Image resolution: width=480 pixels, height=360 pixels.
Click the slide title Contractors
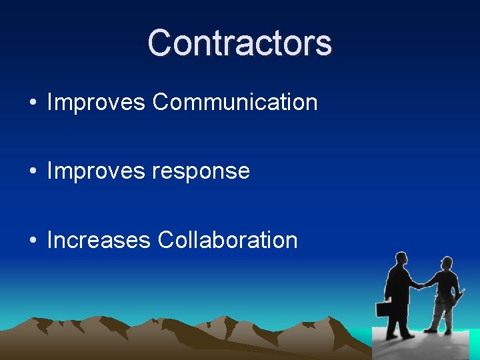tap(240, 43)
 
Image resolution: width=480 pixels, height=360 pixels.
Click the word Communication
tap(235, 103)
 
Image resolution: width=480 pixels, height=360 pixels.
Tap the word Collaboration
tap(227, 240)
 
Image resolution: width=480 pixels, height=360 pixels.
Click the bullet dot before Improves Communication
tap(33, 103)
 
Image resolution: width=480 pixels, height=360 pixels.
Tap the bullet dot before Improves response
tap(33, 172)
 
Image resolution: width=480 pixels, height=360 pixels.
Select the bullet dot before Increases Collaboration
tap(33, 241)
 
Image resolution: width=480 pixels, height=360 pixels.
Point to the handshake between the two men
tap(421, 285)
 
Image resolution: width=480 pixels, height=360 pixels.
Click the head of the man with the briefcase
tap(399, 259)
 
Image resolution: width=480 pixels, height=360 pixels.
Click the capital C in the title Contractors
tap(160, 43)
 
